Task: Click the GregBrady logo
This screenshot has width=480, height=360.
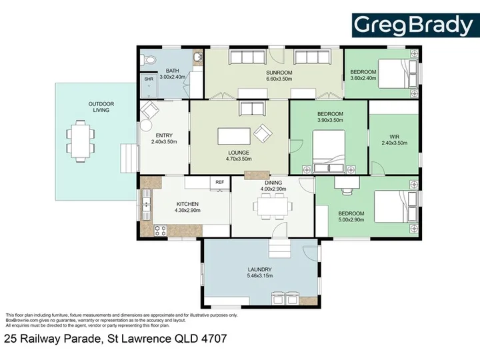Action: [415, 25]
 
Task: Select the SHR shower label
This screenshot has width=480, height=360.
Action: [149, 79]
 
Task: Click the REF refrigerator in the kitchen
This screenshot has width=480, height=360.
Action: [220, 183]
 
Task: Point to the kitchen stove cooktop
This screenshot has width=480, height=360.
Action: [161, 231]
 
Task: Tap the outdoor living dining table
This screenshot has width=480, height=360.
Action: [81, 141]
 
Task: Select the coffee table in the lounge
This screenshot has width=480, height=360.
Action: [234, 136]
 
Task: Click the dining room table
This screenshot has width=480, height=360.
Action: [273, 207]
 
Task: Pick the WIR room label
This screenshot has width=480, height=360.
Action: [394, 137]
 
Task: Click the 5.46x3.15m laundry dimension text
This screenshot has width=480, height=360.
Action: [260, 276]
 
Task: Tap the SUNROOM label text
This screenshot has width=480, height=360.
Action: [279, 73]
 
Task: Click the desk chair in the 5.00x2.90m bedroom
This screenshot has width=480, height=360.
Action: [347, 191]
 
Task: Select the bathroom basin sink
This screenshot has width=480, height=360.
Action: [198, 57]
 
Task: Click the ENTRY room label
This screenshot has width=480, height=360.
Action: [164, 135]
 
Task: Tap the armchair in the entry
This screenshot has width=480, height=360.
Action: [149, 109]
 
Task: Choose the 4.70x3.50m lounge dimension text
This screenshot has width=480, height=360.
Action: [239, 159]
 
